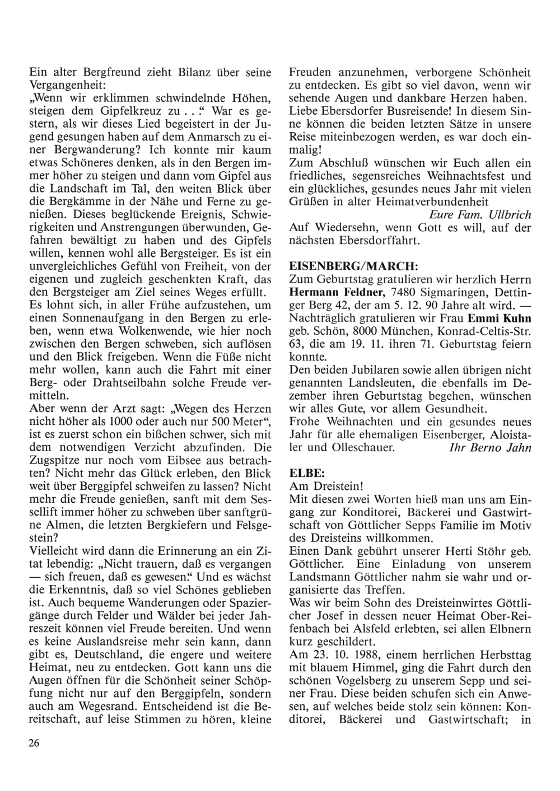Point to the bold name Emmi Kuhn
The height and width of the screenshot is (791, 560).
[506, 319]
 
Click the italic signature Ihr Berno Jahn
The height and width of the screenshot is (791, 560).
[491, 448]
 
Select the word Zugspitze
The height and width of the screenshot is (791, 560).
[53, 461]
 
